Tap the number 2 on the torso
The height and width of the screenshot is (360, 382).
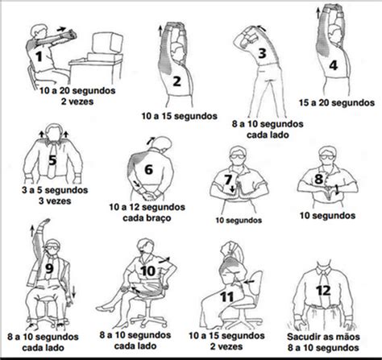pyautogui.click(x=176, y=81)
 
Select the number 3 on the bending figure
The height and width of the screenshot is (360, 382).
pyautogui.click(x=262, y=53)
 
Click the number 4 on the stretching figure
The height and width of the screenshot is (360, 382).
pyautogui.click(x=334, y=65)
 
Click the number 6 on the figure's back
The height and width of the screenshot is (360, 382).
pyautogui.click(x=148, y=169)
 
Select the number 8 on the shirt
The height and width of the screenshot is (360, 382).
pyautogui.click(x=318, y=179)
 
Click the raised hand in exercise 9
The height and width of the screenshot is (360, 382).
pyautogui.click(x=44, y=222)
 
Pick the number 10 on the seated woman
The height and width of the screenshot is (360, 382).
pyautogui.click(x=147, y=271)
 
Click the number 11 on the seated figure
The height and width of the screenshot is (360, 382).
pyautogui.click(x=227, y=297)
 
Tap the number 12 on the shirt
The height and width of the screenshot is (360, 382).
pyautogui.click(x=323, y=291)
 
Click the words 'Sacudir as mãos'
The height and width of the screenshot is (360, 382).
pyautogui.click(x=323, y=337)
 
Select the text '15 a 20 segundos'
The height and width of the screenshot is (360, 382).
pyautogui.click(x=337, y=102)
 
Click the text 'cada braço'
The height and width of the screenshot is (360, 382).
pyautogui.click(x=147, y=217)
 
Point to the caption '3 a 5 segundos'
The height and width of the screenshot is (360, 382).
pyautogui.click(x=55, y=190)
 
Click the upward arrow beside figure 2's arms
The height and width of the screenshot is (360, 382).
pyautogui.click(x=160, y=31)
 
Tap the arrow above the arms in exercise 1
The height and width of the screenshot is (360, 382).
pyautogui.click(x=61, y=29)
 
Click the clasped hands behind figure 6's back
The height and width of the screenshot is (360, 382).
pyautogui.click(x=150, y=195)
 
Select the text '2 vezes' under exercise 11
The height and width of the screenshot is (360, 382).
pyautogui.click(x=226, y=346)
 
